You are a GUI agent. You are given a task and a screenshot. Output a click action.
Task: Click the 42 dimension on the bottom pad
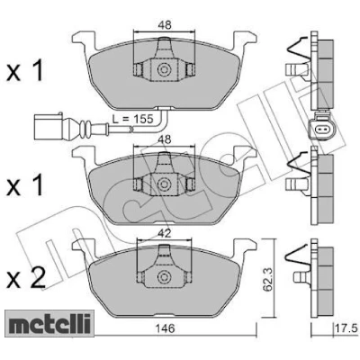point(164,233)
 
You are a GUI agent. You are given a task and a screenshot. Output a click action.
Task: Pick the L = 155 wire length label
point(132,119)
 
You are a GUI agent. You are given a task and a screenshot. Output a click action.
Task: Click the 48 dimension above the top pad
point(164,25)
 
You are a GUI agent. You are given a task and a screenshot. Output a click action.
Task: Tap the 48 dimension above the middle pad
point(164,139)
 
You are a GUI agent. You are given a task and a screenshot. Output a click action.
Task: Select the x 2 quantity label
point(26,277)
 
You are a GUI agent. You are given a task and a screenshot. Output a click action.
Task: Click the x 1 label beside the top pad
point(25,71)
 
